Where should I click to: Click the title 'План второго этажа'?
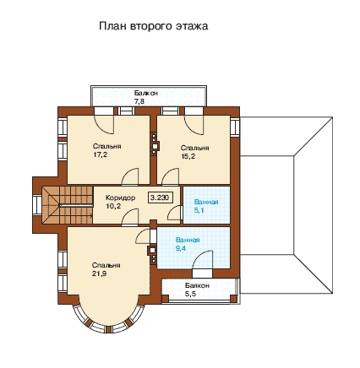(154, 26)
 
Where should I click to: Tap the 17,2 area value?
(101, 154)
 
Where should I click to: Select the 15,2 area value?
(188, 156)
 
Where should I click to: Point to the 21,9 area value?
(99, 273)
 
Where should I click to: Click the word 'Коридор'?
(120, 198)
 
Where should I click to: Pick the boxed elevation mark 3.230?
(160, 198)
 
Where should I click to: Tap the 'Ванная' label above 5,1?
(206, 202)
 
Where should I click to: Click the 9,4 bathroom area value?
(181, 248)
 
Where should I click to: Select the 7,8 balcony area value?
(139, 101)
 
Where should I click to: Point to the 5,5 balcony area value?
(190, 295)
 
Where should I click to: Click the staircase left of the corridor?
(68, 205)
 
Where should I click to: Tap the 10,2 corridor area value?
(113, 206)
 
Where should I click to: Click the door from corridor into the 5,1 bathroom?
(173, 213)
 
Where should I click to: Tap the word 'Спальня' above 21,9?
(106, 265)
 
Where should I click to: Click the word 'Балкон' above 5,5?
(197, 285)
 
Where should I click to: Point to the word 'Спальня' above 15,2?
(195, 148)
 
